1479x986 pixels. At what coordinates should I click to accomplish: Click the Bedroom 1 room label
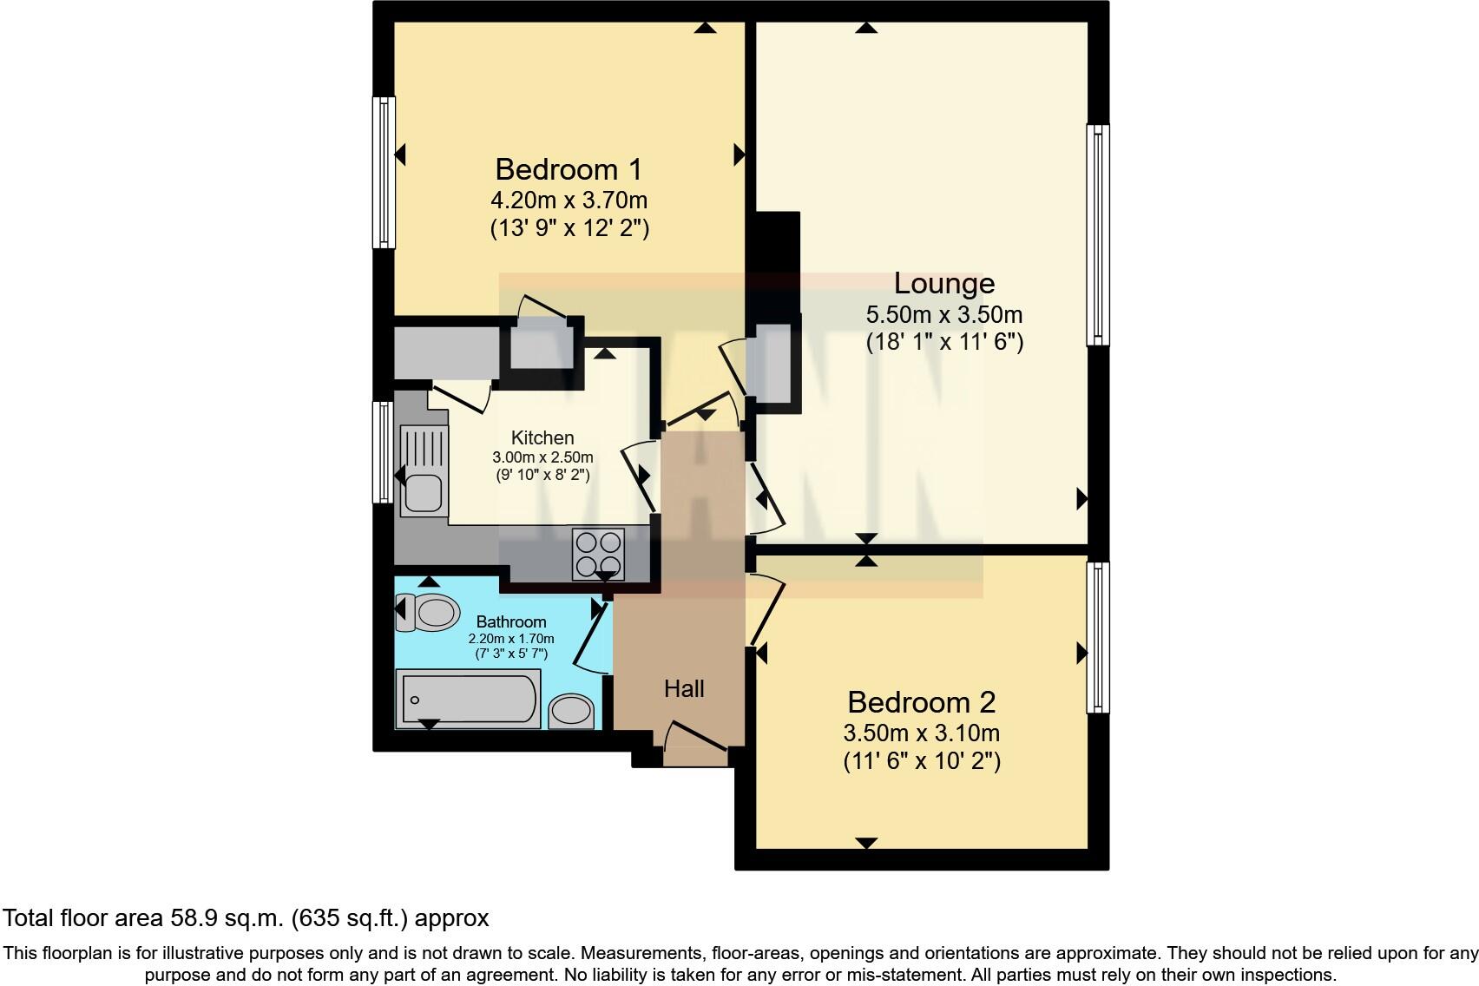[569, 168]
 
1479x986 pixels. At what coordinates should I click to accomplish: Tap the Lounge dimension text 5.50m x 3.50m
[943, 314]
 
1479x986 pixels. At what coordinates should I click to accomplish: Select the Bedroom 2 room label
[921, 701]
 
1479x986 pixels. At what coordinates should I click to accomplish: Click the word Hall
[684, 689]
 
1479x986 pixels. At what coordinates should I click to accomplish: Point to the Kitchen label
[542, 437]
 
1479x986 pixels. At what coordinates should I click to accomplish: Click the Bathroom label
[511, 621]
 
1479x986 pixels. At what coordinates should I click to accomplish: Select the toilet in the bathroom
[431, 613]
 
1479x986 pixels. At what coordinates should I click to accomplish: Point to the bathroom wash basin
[572, 712]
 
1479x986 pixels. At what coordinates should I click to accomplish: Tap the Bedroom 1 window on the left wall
[384, 172]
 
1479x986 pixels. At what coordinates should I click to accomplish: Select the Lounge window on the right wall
[1098, 234]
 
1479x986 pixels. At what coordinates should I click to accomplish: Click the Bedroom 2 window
[1098, 637]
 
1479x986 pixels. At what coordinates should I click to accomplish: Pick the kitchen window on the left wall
[383, 451]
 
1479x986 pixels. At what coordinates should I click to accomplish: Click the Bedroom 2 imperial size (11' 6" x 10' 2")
[921, 761]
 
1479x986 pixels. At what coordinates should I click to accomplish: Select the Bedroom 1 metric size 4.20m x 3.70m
[569, 200]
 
